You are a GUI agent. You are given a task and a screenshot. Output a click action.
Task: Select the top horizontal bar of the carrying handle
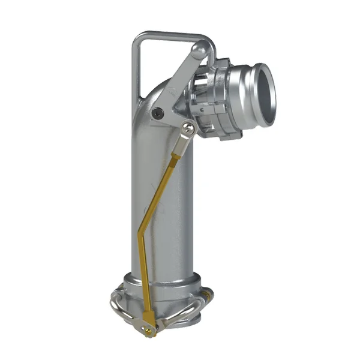174,36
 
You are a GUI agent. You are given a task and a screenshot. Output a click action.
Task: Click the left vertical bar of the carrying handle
135,72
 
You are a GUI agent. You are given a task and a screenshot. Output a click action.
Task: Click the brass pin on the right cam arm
208,295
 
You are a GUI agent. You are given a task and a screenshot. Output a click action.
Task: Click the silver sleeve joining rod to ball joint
180,144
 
